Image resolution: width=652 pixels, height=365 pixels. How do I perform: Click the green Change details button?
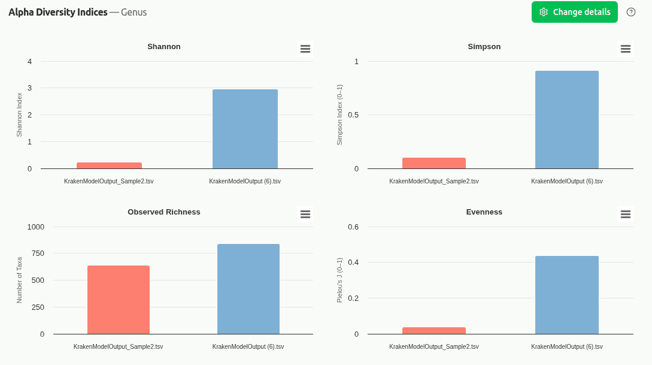(574, 12)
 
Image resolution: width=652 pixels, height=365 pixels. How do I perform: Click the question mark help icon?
(630, 12)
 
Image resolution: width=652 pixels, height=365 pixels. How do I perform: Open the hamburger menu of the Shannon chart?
(305, 49)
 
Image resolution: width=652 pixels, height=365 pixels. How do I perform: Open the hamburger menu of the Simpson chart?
(625, 49)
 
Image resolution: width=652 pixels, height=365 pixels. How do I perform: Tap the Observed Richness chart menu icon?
(305, 215)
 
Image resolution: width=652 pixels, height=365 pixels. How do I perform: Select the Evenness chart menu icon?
(625, 215)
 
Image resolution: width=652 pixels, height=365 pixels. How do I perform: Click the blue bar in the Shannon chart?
(245, 129)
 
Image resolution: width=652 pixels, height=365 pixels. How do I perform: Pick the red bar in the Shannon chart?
(109, 165)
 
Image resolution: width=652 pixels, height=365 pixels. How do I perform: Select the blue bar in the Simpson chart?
(566, 120)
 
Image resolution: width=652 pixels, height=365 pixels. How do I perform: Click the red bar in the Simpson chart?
(433, 163)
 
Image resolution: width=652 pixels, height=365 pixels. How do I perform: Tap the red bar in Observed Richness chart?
(118, 300)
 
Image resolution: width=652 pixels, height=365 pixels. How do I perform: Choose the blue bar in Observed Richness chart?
(248, 289)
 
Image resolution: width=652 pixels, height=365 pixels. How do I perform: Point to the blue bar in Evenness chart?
(566, 295)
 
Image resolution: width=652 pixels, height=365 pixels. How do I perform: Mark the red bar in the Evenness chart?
(433, 330)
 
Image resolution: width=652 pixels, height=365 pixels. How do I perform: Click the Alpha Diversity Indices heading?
(57, 12)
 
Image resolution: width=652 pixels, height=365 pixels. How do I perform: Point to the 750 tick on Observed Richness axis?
(37, 254)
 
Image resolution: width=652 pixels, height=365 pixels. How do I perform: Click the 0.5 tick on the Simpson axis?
(353, 115)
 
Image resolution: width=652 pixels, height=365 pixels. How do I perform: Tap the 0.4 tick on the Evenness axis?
(353, 263)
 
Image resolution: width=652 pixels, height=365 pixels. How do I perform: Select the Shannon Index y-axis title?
(19, 114)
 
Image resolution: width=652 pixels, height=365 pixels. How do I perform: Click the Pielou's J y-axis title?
(339, 280)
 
